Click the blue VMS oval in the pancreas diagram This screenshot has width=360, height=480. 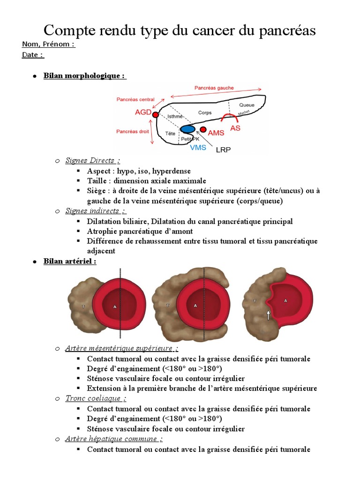click(x=188, y=129)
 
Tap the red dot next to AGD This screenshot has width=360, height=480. click(x=156, y=114)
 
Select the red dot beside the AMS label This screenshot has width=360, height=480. click(x=203, y=129)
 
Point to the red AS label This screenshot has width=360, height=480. click(x=235, y=127)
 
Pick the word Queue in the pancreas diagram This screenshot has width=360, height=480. click(x=247, y=105)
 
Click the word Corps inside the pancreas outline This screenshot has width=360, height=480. click(x=205, y=112)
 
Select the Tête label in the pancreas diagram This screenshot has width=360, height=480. click(x=171, y=134)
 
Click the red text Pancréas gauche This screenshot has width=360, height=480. click(x=214, y=88)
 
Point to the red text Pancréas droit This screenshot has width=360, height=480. click(x=133, y=132)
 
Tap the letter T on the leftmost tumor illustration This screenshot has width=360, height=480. click(x=83, y=307)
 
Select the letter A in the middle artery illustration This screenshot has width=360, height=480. click(x=195, y=305)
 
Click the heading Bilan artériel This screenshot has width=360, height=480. click(x=70, y=261)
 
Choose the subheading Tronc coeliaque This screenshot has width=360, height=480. click(x=96, y=398)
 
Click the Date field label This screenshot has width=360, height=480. click(x=33, y=55)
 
